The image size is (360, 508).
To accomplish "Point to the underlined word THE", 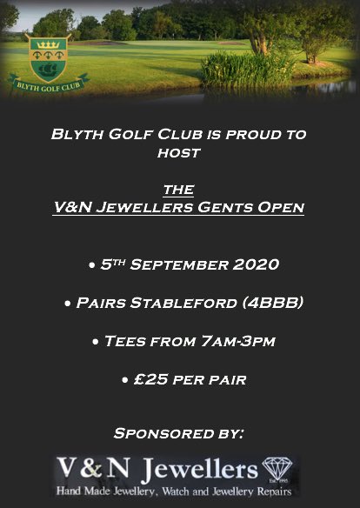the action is click(179, 190).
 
